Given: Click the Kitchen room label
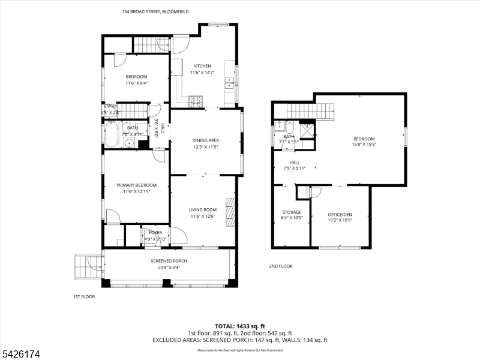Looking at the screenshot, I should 202,66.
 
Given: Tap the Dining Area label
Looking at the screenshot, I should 206,140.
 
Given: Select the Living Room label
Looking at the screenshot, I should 203,210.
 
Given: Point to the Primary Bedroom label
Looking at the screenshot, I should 136,185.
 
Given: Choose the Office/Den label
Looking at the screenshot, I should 340,214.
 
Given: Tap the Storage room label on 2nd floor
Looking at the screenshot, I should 292,212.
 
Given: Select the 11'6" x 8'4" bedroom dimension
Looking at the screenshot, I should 137,83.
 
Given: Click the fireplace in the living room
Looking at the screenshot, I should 229,212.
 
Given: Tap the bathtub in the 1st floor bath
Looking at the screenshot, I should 112,134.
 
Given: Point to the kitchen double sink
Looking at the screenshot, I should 229,83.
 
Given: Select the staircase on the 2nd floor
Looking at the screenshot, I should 310,111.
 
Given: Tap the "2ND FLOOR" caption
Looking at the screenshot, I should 280,266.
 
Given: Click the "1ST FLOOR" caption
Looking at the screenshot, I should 84,296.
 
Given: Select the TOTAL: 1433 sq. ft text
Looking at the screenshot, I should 239,326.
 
